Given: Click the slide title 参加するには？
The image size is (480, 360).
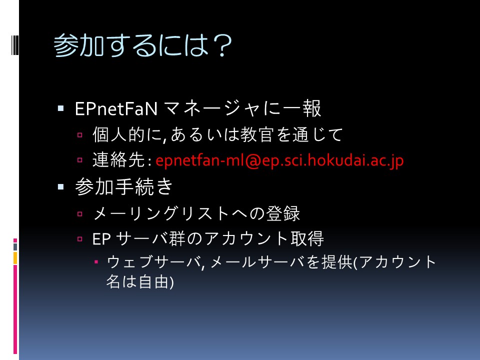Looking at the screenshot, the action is [x=142, y=45].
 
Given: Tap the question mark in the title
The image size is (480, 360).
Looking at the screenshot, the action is [x=221, y=45].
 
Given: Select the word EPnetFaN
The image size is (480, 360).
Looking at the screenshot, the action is [x=116, y=108].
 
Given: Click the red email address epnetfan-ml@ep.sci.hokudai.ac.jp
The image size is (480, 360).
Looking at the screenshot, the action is [x=279, y=160].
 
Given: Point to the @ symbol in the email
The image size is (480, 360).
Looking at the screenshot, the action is [x=252, y=161].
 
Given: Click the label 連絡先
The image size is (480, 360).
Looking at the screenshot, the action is [x=118, y=160].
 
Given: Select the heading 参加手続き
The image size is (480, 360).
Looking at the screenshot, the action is [x=124, y=186].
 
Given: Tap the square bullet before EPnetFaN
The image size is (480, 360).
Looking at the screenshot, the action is [x=60, y=108].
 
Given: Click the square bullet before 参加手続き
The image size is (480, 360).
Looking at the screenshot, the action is [x=60, y=186].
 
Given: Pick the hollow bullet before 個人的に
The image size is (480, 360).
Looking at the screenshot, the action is [x=80, y=134].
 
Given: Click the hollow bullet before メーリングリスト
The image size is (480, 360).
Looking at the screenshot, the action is [x=80, y=213].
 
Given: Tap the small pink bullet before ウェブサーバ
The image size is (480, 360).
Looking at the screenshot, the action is [x=96, y=261].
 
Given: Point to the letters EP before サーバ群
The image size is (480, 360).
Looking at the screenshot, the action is [x=101, y=239].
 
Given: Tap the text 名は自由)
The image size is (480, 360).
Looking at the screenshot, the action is [x=140, y=282].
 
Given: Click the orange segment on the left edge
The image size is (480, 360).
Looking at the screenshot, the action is [x=15, y=258].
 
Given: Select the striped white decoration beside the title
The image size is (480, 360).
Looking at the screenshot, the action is [x=14, y=45].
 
